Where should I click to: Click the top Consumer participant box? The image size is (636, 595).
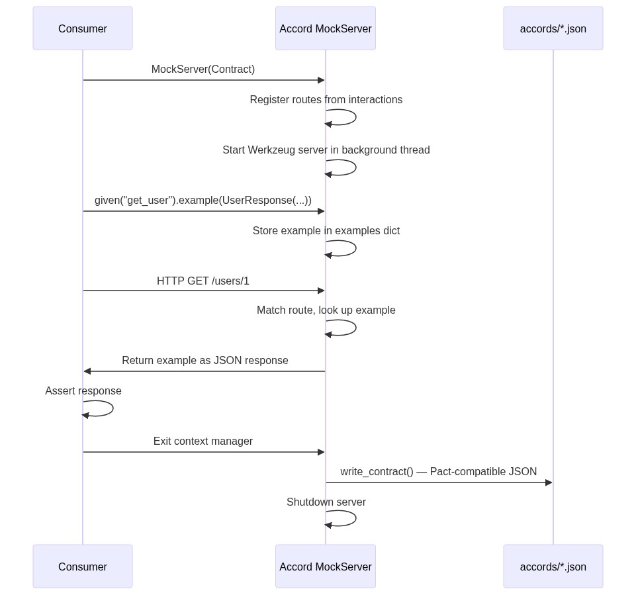[83, 28]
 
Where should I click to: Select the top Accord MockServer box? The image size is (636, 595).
[326, 28]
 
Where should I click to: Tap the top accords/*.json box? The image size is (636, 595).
[553, 28]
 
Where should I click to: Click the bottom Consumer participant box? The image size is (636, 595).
[83, 567]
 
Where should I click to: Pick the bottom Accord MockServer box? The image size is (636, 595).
[326, 567]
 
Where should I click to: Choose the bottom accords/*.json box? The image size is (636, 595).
[553, 567]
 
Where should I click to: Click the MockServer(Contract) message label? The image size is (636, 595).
[203, 69]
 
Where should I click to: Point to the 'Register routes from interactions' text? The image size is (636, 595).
[326, 100]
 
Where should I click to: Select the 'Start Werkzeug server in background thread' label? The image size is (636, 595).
[326, 150]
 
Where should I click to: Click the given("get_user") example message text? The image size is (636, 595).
[203, 201]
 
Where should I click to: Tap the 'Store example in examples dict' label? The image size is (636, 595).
[326, 231]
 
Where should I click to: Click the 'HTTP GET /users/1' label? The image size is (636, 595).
[203, 281]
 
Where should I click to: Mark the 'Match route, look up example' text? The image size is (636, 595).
[326, 310]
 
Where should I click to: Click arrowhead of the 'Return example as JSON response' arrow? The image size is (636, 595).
[87, 371]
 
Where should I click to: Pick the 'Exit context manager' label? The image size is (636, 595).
[203, 441]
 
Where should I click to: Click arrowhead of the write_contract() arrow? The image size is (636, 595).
[549, 482]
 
